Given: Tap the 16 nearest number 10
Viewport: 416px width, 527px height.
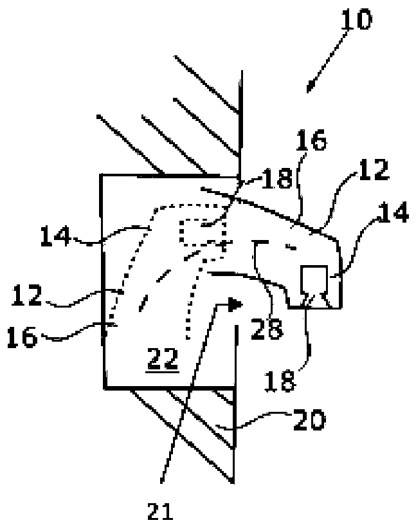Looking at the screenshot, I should pyautogui.click(x=311, y=140).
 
